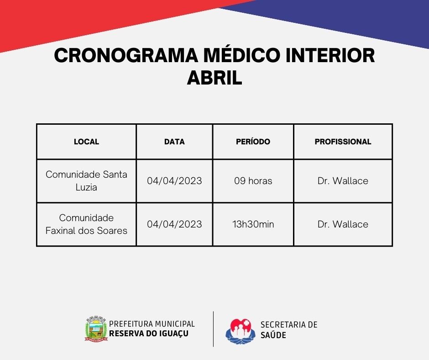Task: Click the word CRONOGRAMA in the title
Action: coord(126,55)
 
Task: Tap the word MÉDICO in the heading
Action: coord(242,55)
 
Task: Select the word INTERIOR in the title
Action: coord(330,55)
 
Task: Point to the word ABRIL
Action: coord(214,78)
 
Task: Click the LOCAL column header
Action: coord(86,142)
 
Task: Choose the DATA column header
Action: coord(174,142)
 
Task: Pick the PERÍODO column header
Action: coord(253,141)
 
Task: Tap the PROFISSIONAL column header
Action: coord(343,142)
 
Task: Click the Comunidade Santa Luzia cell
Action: coord(86,181)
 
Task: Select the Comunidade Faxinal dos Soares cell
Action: coord(86,224)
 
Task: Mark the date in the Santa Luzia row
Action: coord(174,181)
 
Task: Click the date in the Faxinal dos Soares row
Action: coord(174,224)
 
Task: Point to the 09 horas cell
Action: coord(253,181)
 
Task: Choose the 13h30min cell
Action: coord(253,224)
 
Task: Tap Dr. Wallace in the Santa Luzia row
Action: coord(343,181)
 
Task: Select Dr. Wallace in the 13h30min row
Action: coord(343,224)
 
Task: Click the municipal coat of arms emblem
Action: coord(96,328)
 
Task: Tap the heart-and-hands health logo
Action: coord(240,331)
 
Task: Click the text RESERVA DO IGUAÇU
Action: coord(149,334)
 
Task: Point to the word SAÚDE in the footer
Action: coord(273,335)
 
